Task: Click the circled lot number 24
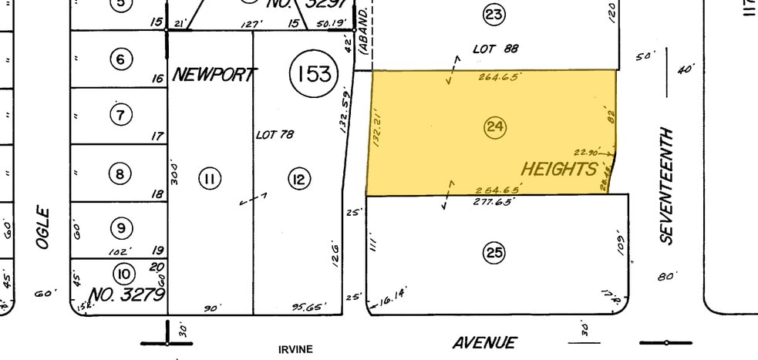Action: [x=494, y=127]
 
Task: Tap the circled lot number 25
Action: [x=494, y=252]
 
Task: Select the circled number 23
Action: [x=494, y=14]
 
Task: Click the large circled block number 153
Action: [x=315, y=74]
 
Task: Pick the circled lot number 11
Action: [x=210, y=180]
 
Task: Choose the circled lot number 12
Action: [x=298, y=180]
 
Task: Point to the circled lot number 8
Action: [x=120, y=174]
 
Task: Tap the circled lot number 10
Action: [x=123, y=274]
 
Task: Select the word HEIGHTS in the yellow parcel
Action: [x=560, y=169]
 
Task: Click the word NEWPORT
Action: [x=214, y=75]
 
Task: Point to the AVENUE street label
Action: [x=484, y=343]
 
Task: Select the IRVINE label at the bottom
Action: [x=295, y=349]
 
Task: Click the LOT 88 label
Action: [x=495, y=49]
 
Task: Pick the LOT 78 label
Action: [x=275, y=135]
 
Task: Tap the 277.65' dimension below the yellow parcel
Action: [x=493, y=201]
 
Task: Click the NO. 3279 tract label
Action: [x=127, y=294]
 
